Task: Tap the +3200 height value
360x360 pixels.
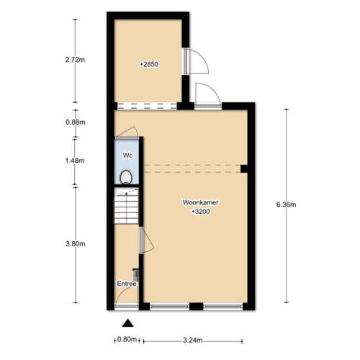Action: pyautogui.click(x=200, y=212)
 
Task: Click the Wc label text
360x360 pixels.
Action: pyautogui.click(x=127, y=156)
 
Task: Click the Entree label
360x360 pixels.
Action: pyautogui.click(x=127, y=284)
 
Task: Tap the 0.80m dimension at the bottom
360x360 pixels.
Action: pyautogui.click(x=126, y=340)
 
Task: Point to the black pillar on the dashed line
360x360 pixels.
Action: pyautogui.click(x=244, y=169)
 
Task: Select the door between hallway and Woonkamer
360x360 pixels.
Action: pyautogui.click(x=145, y=240)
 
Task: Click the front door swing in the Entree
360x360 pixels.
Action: pyautogui.click(x=127, y=298)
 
